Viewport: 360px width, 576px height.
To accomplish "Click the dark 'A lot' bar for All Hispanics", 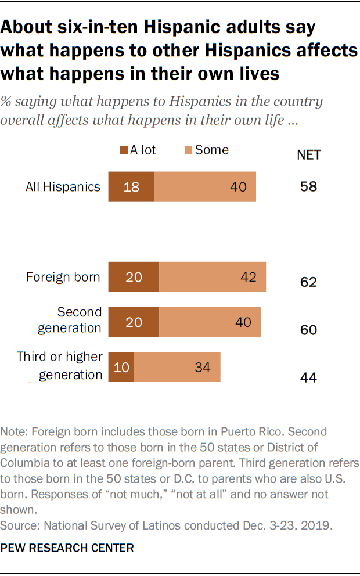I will pos(131,187).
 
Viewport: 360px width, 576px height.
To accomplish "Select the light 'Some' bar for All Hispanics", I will pos(205,187).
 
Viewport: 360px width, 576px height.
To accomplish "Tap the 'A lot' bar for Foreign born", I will pos(134,277).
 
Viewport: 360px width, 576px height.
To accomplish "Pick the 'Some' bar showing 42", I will pos(213,277).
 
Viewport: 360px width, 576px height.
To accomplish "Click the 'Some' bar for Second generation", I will pos(210,322).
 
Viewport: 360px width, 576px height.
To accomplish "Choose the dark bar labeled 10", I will pos(121,367).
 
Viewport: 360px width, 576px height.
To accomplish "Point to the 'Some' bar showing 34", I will pos(177,367).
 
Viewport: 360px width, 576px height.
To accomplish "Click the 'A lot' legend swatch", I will pos(123,150).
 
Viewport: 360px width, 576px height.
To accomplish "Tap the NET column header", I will pos(308,154).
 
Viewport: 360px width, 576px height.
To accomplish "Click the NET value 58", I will pos(308,188).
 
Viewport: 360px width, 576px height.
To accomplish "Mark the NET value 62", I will pos(308,283).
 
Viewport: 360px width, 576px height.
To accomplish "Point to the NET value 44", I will pos(308,378).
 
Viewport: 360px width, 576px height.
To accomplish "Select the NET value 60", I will pos(308,330).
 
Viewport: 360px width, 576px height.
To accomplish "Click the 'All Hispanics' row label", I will pos(63,187).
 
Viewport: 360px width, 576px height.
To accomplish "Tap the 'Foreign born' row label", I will pos(63,277).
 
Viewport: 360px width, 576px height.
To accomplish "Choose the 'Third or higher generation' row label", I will pos(60,366).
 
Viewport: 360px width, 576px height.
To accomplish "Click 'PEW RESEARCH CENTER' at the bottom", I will pos(68,548).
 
